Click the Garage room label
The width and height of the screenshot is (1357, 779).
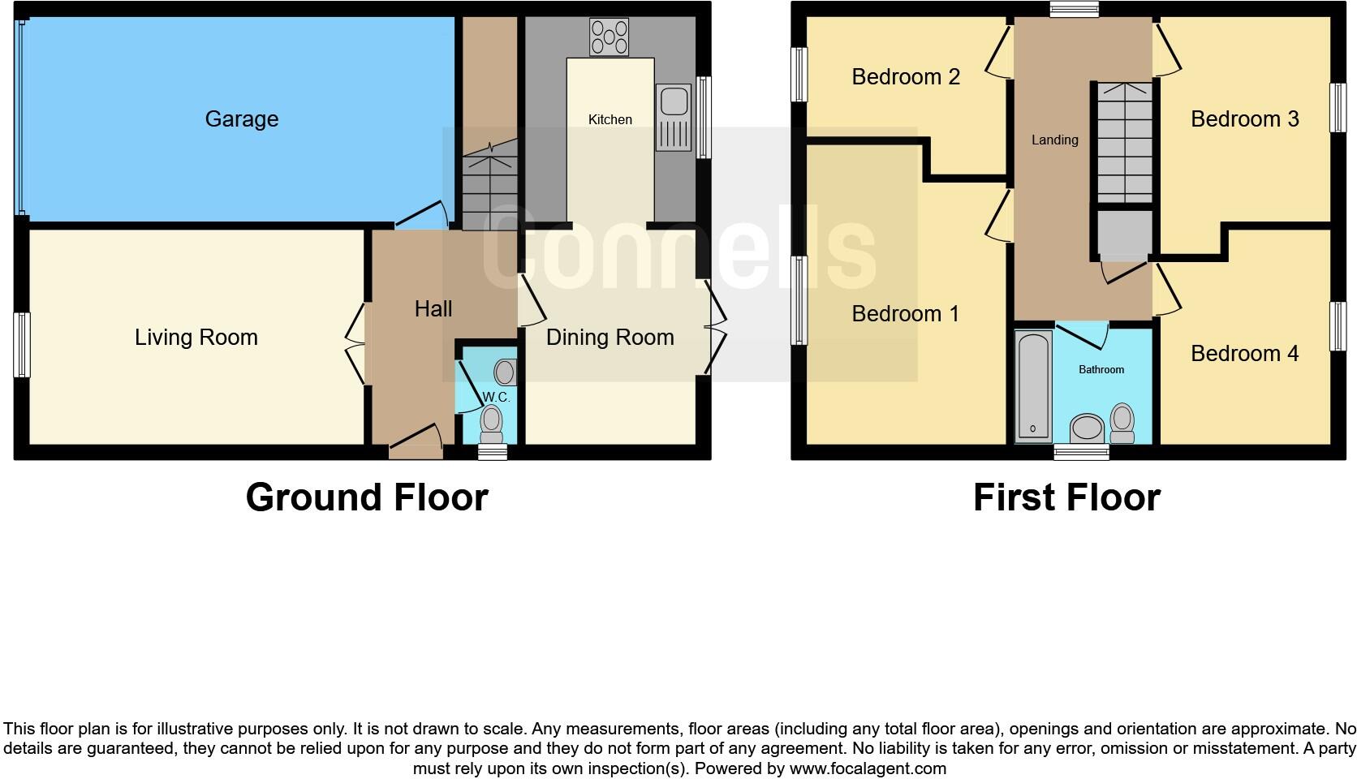click(241, 119)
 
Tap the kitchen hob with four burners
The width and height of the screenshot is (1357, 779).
click(610, 37)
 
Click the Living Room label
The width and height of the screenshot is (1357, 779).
click(196, 338)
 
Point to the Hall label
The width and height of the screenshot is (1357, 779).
click(433, 308)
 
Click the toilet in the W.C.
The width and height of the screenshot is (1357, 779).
click(490, 421)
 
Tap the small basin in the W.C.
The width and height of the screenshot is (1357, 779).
click(505, 372)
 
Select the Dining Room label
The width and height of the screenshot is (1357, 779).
click(610, 338)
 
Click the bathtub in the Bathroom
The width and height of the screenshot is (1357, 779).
click(1033, 385)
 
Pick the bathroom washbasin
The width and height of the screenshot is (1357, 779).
click(1087, 428)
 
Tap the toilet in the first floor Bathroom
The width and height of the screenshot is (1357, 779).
click(1122, 422)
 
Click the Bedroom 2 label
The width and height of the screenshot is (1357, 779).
click(905, 76)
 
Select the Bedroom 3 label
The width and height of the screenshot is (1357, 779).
click(1244, 119)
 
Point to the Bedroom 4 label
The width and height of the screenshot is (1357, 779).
click(1244, 353)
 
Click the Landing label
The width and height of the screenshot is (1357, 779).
click(1054, 140)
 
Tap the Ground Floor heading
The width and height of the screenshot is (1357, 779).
click(367, 497)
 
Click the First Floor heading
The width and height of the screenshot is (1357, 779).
click(1066, 497)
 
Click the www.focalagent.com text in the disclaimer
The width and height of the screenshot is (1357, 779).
click(868, 768)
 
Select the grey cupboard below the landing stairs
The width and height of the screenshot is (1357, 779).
click(1124, 234)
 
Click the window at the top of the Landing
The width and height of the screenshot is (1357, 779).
click(1073, 10)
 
